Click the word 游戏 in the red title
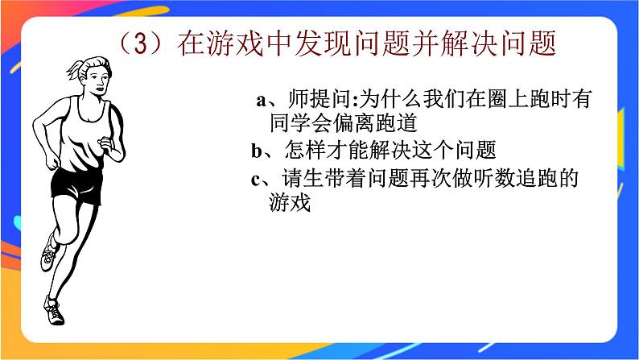pyautogui.click(x=239, y=43)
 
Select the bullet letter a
pyautogui.click(x=261, y=101)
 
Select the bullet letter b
pyautogui.click(x=257, y=151)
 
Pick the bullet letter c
pyautogui.click(x=257, y=179)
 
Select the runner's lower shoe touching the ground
pyautogui.click(x=55, y=311)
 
